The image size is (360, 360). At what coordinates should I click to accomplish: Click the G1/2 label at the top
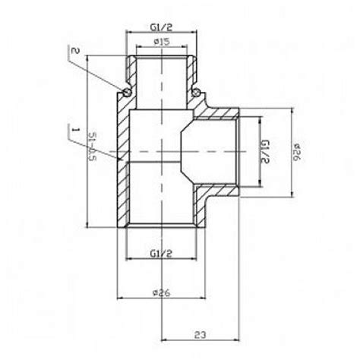pyautogui.click(x=159, y=30)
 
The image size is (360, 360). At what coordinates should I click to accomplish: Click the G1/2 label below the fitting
pyautogui.click(x=159, y=252)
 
